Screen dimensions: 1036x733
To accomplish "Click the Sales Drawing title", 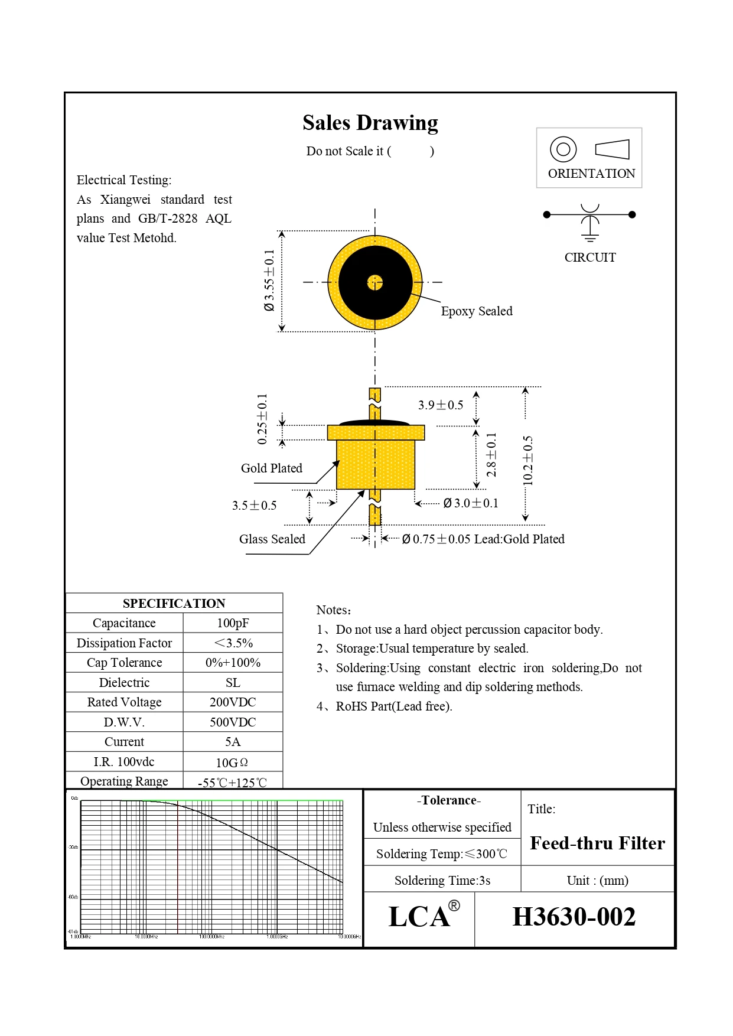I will pos(370,123).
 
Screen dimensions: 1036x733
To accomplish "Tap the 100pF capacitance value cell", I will pos(233,623).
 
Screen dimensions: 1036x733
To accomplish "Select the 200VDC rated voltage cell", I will pos(233,702).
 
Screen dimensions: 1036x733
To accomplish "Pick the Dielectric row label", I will pos(124,683).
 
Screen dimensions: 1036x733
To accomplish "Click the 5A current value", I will pos(233,742).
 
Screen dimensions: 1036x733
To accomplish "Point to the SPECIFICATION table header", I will pos(174,603).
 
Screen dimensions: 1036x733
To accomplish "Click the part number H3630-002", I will pos(574,917).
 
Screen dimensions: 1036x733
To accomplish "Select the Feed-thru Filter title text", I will pos(597,843).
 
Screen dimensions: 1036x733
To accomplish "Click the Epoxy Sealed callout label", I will pos(477,311).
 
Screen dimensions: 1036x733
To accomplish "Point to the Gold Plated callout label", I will pos(272,468).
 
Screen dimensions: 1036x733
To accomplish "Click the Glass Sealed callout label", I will pos(272,539).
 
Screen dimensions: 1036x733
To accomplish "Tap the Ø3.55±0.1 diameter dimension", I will pos(269,280).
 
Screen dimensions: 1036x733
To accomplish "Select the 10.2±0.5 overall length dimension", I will pos(528,461).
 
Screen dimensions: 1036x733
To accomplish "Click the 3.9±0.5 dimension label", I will pos(441,405).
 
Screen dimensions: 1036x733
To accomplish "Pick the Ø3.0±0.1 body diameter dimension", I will pos(471,503).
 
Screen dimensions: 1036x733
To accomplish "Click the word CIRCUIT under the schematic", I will pos(590,258).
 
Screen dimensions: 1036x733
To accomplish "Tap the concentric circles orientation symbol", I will pos(563,149).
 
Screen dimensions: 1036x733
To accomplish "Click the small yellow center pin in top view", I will pos(374,283).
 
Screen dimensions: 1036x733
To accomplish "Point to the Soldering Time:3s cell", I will pos(442,881).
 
